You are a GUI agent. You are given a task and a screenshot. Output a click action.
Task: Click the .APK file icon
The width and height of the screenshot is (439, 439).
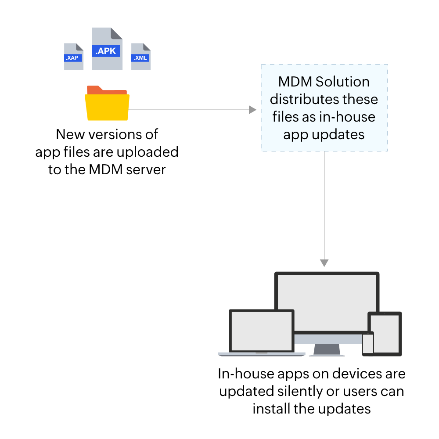pos(107,49)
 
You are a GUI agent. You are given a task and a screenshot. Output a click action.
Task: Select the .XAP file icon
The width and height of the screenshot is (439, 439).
pos(73,57)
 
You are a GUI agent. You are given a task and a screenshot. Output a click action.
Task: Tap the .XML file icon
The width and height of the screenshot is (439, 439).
pos(141,57)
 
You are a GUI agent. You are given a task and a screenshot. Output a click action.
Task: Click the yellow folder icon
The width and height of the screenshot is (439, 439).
pos(108,104)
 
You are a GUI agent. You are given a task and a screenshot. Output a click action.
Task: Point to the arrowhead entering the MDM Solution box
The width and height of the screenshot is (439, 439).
pos(252,110)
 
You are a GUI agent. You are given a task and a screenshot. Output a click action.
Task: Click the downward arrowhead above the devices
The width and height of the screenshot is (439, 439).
pos(324,263)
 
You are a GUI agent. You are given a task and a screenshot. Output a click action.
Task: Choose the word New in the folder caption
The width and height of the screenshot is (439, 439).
pos(69,134)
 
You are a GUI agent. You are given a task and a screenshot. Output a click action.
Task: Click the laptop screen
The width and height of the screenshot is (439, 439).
pos(262,331)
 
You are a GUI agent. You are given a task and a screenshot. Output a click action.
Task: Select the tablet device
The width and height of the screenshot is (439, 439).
pos(385,334)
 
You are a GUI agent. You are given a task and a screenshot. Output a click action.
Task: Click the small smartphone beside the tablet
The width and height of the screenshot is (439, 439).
pos(367,344)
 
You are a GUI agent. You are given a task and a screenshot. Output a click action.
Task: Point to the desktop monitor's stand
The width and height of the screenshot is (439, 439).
pos(327,349)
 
